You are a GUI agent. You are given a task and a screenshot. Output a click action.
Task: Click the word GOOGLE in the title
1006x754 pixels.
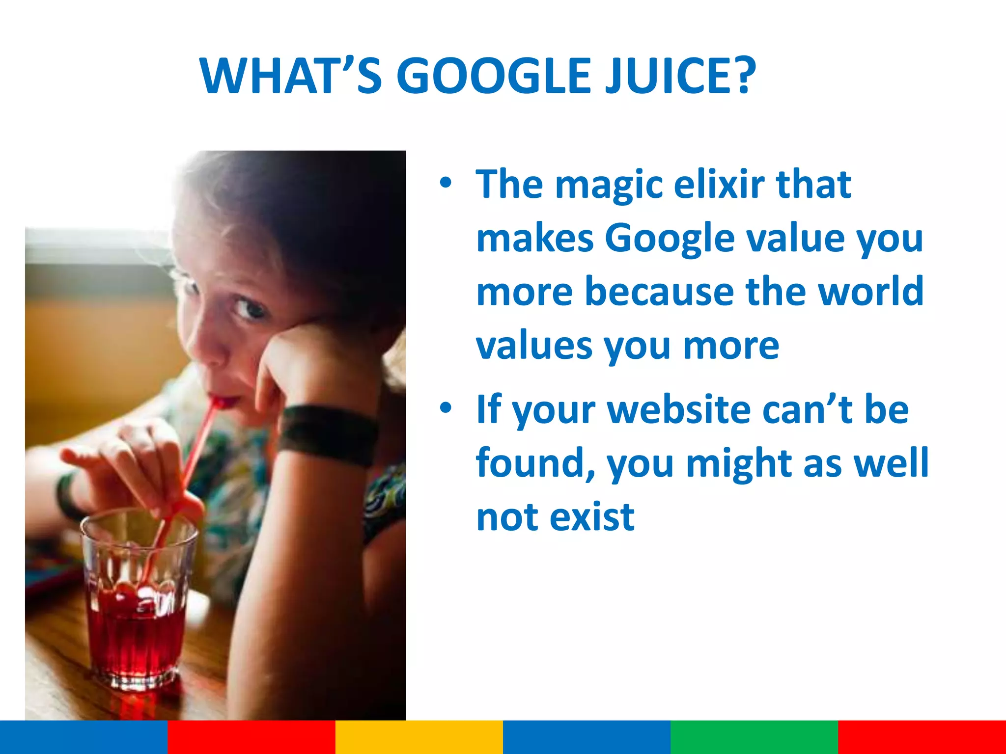pos(493,76)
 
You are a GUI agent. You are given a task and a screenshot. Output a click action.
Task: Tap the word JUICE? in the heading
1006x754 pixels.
pos(680,76)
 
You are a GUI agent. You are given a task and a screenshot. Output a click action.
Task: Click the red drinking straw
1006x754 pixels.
pos(196,457)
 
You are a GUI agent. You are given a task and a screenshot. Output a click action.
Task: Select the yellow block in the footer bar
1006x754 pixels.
pos(419,737)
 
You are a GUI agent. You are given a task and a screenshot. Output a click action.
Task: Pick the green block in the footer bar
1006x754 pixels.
pos(754,737)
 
